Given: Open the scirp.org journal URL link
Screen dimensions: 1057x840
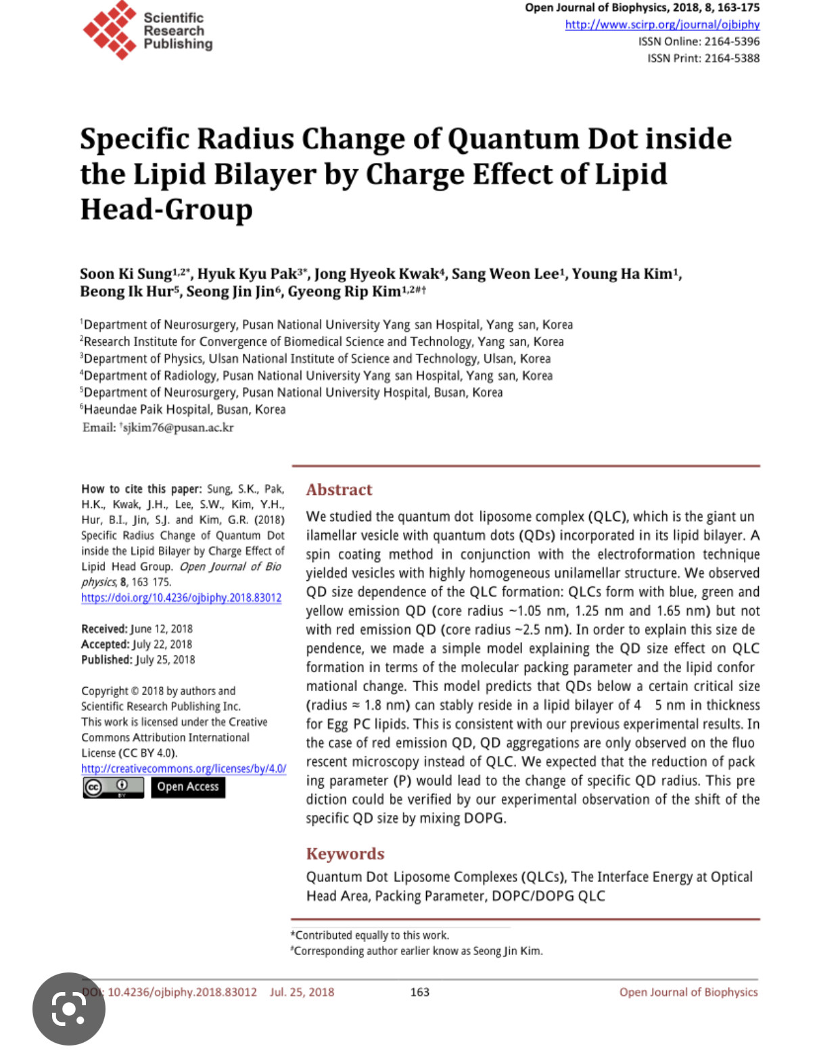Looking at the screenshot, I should [x=662, y=24].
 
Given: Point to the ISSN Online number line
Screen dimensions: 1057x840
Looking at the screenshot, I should [x=699, y=41].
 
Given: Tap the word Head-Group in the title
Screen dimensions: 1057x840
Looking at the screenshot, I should [x=166, y=210].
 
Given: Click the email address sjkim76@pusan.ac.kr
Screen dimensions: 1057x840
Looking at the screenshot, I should [x=178, y=427].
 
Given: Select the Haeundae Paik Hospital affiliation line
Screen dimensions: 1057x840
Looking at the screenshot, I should [x=184, y=409].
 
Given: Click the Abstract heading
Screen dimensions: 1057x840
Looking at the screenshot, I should [x=339, y=490].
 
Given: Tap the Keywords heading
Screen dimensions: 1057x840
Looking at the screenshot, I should [x=345, y=853].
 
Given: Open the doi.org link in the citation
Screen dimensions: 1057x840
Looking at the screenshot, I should [x=181, y=598].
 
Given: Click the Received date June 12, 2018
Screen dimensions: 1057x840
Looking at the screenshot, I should [x=161, y=629].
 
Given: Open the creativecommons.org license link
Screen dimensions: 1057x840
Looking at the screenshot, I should [x=183, y=769].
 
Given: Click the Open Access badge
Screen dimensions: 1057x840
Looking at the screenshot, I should [x=188, y=786].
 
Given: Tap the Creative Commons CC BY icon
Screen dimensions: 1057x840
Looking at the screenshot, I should [x=113, y=787].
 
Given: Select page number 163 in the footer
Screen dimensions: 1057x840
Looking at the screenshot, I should [x=420, y=992].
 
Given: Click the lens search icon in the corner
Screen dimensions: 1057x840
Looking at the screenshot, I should [x=68, y=1009].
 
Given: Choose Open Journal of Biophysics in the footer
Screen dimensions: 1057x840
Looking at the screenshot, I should [x=688, y=992].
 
